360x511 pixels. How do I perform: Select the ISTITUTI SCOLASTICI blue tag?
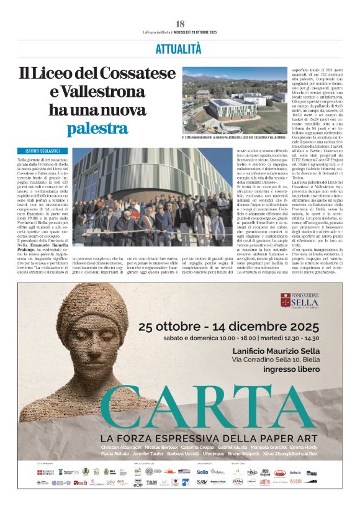point(43,151)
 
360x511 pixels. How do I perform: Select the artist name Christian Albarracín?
point(122,447)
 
